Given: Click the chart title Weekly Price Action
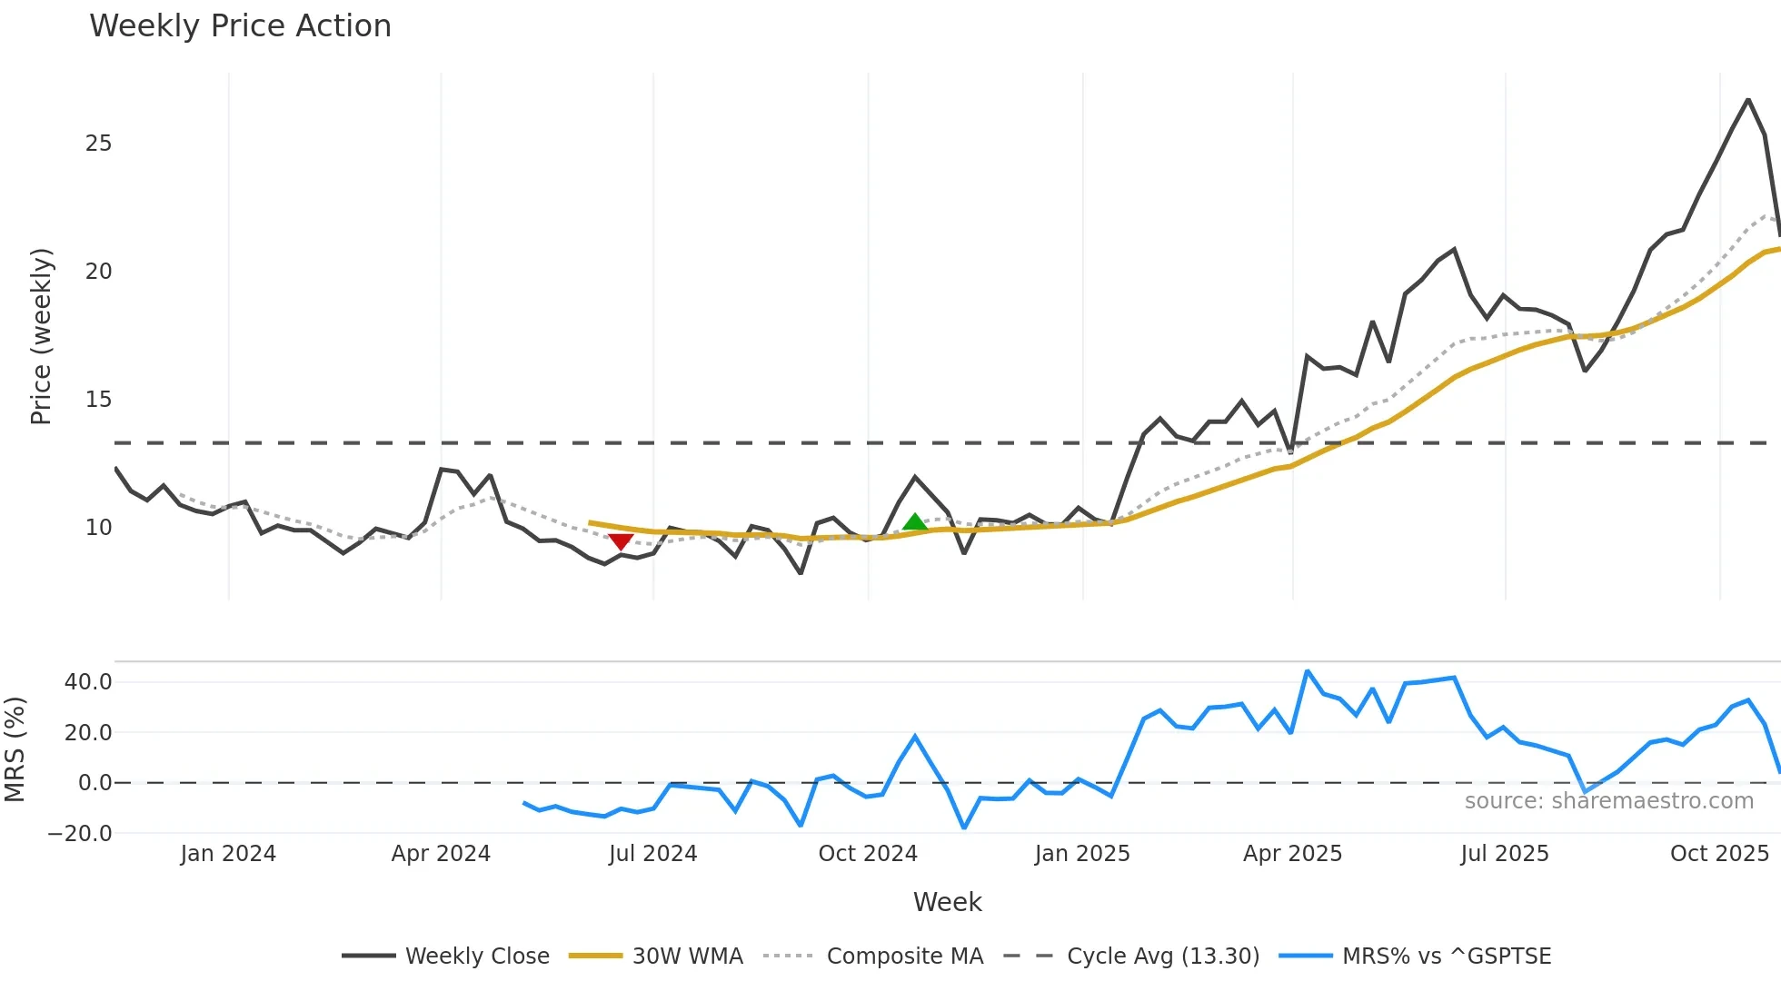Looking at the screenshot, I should pos(240,26).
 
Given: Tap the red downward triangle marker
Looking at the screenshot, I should pos(621,542).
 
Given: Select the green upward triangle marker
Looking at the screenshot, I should pos(915,522).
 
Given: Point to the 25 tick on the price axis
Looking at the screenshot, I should pos(98,144).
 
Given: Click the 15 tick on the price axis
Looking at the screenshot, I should pos(98,400).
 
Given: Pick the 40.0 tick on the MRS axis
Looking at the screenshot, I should pos(88,682).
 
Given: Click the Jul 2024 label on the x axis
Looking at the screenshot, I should pos(652,854).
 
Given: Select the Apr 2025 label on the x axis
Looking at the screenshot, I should pos(1292,854).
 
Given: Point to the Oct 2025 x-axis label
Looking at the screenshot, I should pos(1719,854).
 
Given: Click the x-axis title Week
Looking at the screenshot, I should pos(947,902).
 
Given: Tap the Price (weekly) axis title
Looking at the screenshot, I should pos(42,336).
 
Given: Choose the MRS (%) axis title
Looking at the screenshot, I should pos(15,749).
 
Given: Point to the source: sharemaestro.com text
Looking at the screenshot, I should pos(1608,801).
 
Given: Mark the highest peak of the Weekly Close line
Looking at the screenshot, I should pos(1748,100).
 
